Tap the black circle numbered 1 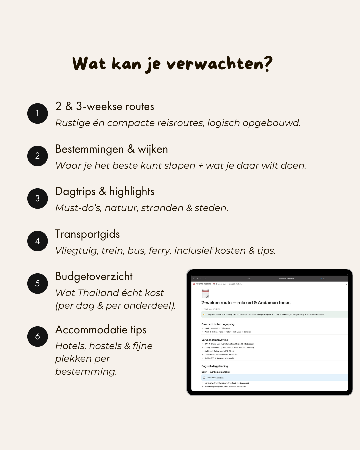(38, 113)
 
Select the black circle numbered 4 (38, 241)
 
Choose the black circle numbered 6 (38, 336)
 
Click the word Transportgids (87, 234)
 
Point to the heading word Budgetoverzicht (94, 276)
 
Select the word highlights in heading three (132, 192)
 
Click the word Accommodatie (91, 330)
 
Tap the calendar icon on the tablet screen (205, 294)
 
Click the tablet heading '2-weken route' (216, 303)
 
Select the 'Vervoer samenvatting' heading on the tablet (215, 340)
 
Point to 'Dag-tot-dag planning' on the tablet (215, 366)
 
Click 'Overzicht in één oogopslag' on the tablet (218, 324)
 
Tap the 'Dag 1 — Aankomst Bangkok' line (216, 372)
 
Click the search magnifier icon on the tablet (346, 284)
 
